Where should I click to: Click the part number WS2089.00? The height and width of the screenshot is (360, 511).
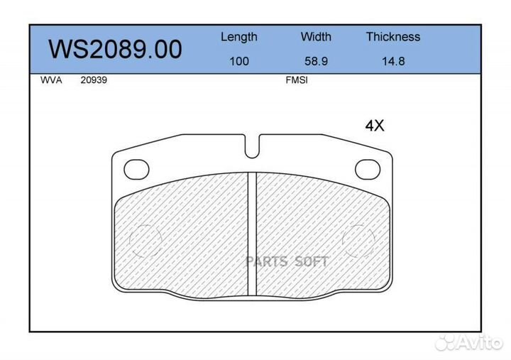pyautogui.click(x=115, y=49)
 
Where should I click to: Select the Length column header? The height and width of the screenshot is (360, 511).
pyautogui.click(x=239, y=37)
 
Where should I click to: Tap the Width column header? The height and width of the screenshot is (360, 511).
pyautogui.click(x=316, y=36)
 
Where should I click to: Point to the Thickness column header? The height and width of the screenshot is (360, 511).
pyautogui.click(x=393, y=36)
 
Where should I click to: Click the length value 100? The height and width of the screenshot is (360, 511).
pyautogui.click(x=239, y=61)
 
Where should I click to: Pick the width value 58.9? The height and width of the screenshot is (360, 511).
pyautogui.click(x=316, y=61)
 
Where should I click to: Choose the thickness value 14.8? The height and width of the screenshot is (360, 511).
pyautogui.click(x=393, y=61)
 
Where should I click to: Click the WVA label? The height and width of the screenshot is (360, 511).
pyautogui.click(x=51, y=80)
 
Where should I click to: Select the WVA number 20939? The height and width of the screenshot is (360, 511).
pyautogui.click(x=94, y=80)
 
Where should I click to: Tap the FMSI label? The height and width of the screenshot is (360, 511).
pyautogui.click(x=297, y=80)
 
